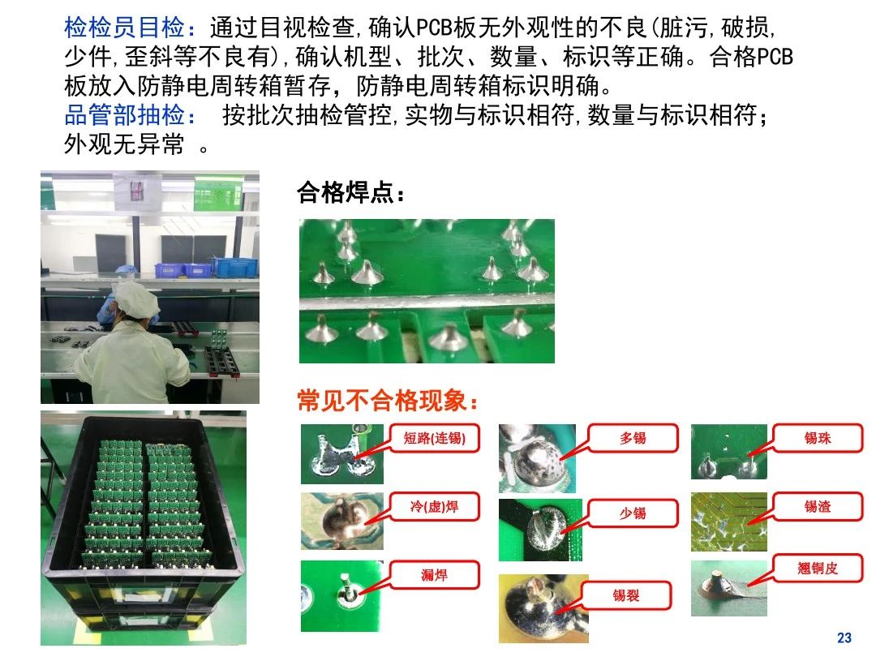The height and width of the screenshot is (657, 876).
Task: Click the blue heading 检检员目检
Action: click(124, 27)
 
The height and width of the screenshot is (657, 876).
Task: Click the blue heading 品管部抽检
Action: click(124, 114)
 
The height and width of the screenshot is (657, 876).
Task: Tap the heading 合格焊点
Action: click(346, 192)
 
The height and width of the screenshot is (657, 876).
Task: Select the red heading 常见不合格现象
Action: click(381, 400)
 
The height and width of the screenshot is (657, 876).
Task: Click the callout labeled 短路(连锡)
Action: click(434, 438)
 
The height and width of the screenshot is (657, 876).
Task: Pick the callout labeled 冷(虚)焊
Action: click(434, 507)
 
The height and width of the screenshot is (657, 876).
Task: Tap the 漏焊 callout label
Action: click(434, 575)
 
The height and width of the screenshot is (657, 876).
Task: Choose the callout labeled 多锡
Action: click(633, 438)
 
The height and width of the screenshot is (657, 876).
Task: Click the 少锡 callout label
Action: click(633, 513)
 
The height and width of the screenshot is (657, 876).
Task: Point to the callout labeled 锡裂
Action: click(625, 595)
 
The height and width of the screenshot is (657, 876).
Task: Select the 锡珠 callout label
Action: click(818, 438)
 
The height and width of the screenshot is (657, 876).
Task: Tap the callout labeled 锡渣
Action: click(818, 507)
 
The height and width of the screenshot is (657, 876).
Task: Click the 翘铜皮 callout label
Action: click(818, 569)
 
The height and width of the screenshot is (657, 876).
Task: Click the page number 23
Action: click(844, 638)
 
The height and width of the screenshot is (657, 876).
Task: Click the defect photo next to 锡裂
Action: click(543, 608)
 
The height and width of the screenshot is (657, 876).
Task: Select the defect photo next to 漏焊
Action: click(342, 596)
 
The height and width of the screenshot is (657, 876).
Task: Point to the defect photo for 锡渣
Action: click(728, 522)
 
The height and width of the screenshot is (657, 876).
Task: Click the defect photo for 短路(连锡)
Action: click(342, 454)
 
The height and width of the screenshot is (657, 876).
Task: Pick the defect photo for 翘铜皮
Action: click(728, 588)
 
